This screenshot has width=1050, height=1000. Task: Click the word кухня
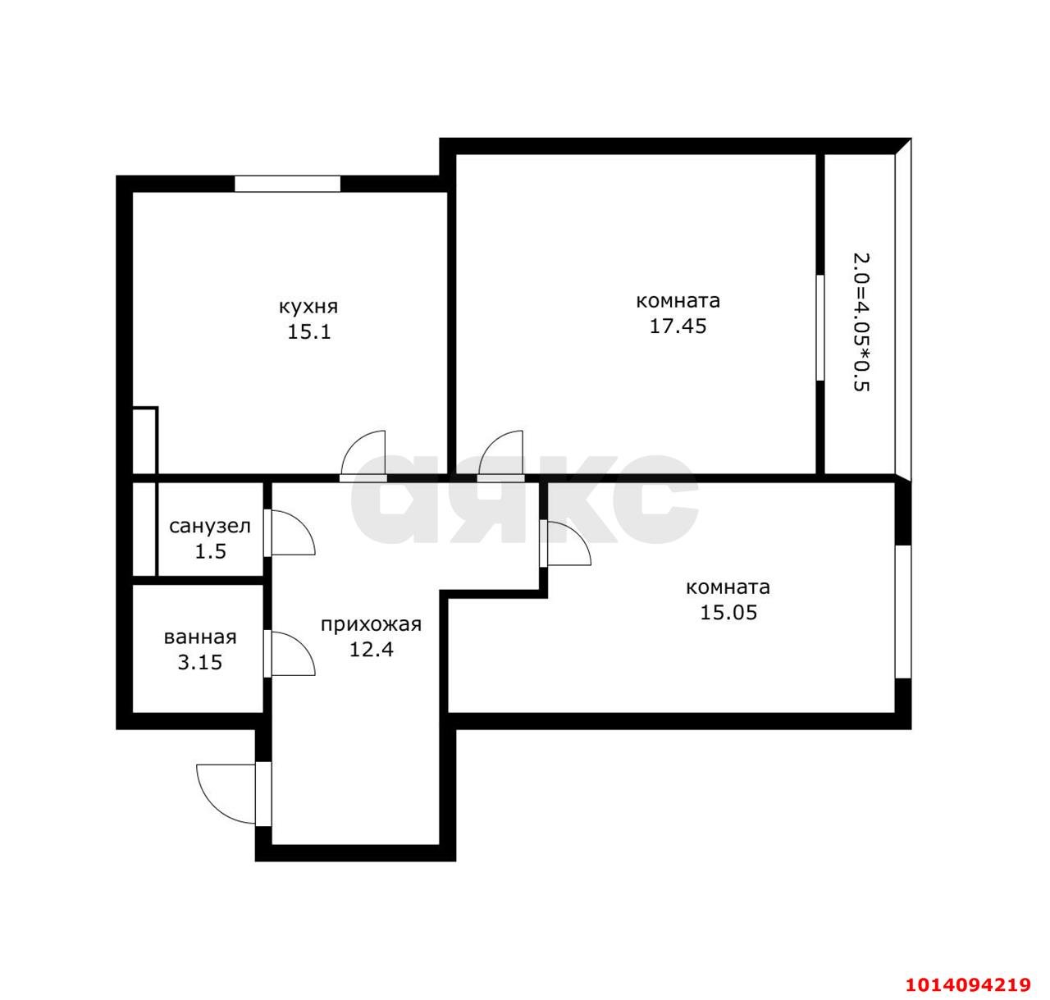pos(308,308)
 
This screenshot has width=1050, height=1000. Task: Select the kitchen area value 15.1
pos(309,332)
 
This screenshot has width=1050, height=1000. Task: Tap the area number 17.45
pos(678,326)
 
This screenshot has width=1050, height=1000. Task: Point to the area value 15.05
pos(728,612)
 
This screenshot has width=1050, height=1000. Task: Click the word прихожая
pos(371,625)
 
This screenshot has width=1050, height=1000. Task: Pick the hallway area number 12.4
pos(371,650)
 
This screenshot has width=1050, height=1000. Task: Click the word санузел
pos(210,527)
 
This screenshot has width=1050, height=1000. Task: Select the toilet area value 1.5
pos(211,551)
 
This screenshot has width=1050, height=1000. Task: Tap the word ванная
pos(200,638)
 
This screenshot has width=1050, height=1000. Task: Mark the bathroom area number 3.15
pos(199,663)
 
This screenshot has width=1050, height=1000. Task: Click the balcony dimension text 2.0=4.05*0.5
pos(861,322)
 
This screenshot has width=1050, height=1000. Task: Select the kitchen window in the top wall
pos(287,184)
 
